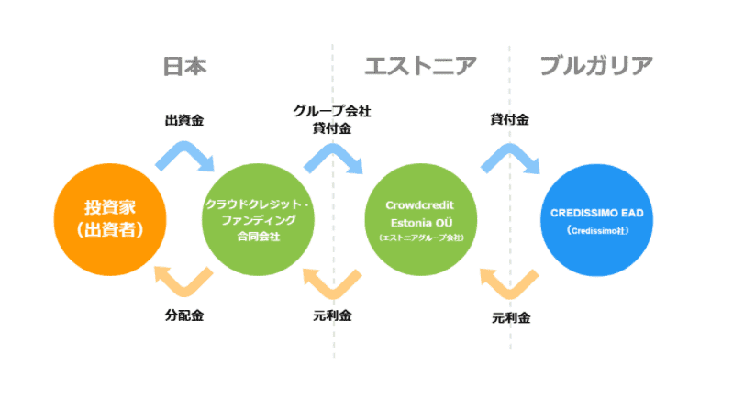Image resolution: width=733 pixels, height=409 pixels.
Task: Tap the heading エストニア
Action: coord(421,66)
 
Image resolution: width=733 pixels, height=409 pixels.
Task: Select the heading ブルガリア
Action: coord(596,66)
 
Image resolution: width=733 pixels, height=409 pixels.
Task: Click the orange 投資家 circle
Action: coord(100,218)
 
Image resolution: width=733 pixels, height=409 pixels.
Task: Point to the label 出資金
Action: coord(184,120)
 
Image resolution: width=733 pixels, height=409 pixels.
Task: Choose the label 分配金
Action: coord(184,315)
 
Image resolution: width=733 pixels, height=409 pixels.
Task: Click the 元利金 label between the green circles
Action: coord(332,315)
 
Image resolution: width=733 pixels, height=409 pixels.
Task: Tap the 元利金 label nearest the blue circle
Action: coord(511,318)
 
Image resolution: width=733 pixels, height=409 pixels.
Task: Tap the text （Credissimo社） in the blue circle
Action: coord(596,230)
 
